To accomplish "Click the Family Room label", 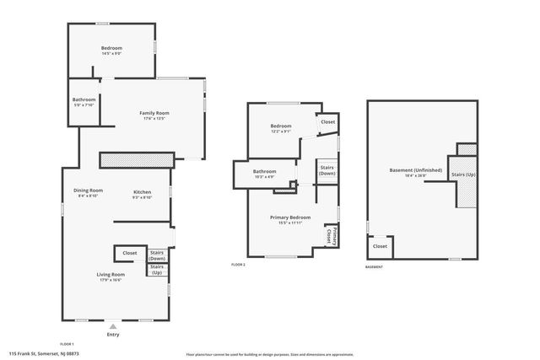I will (154, 113).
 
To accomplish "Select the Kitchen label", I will (143, 191).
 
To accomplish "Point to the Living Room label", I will (111, 274).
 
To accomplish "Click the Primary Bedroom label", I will (290, 217).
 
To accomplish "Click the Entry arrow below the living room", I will (113, 325).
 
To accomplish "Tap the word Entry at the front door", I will (113, 335).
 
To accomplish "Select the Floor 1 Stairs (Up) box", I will (157, 270).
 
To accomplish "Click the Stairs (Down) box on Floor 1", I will (157, 255).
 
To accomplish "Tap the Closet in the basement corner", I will (380, 246).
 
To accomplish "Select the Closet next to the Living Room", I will (130, 253).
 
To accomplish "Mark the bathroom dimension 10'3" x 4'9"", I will (265, 177).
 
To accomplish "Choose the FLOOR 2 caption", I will (238, 265).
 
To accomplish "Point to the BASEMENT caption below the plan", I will (374, 267).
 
